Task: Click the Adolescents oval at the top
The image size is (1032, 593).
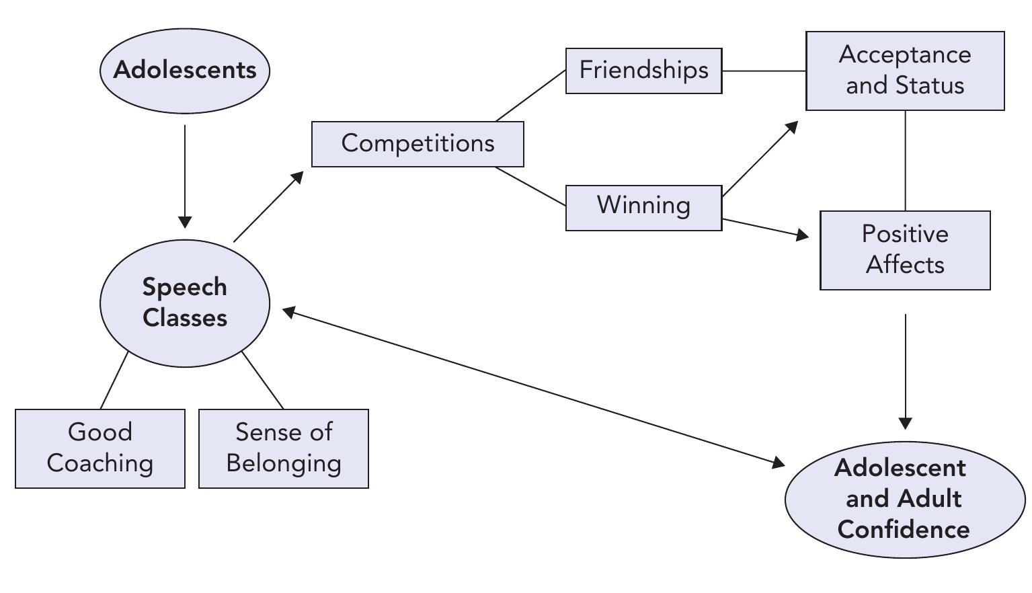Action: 185,71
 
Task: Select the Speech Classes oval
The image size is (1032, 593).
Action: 185,303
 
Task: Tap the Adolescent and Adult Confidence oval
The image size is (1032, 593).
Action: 904,499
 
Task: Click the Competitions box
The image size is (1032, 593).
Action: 418,144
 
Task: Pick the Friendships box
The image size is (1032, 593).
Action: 643,71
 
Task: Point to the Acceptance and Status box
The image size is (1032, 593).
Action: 905,71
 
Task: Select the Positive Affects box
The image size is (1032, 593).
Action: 905,250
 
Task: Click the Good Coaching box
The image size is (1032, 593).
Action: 100,448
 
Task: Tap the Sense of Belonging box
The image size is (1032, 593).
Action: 284,448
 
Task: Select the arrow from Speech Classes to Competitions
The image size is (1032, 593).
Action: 268,207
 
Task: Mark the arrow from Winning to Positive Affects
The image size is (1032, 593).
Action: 765,228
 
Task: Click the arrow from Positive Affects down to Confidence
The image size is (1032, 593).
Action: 905,370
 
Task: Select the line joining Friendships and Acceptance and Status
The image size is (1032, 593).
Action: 764,71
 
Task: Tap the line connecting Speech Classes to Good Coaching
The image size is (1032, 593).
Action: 114,381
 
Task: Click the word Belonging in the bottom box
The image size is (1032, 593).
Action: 284,463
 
